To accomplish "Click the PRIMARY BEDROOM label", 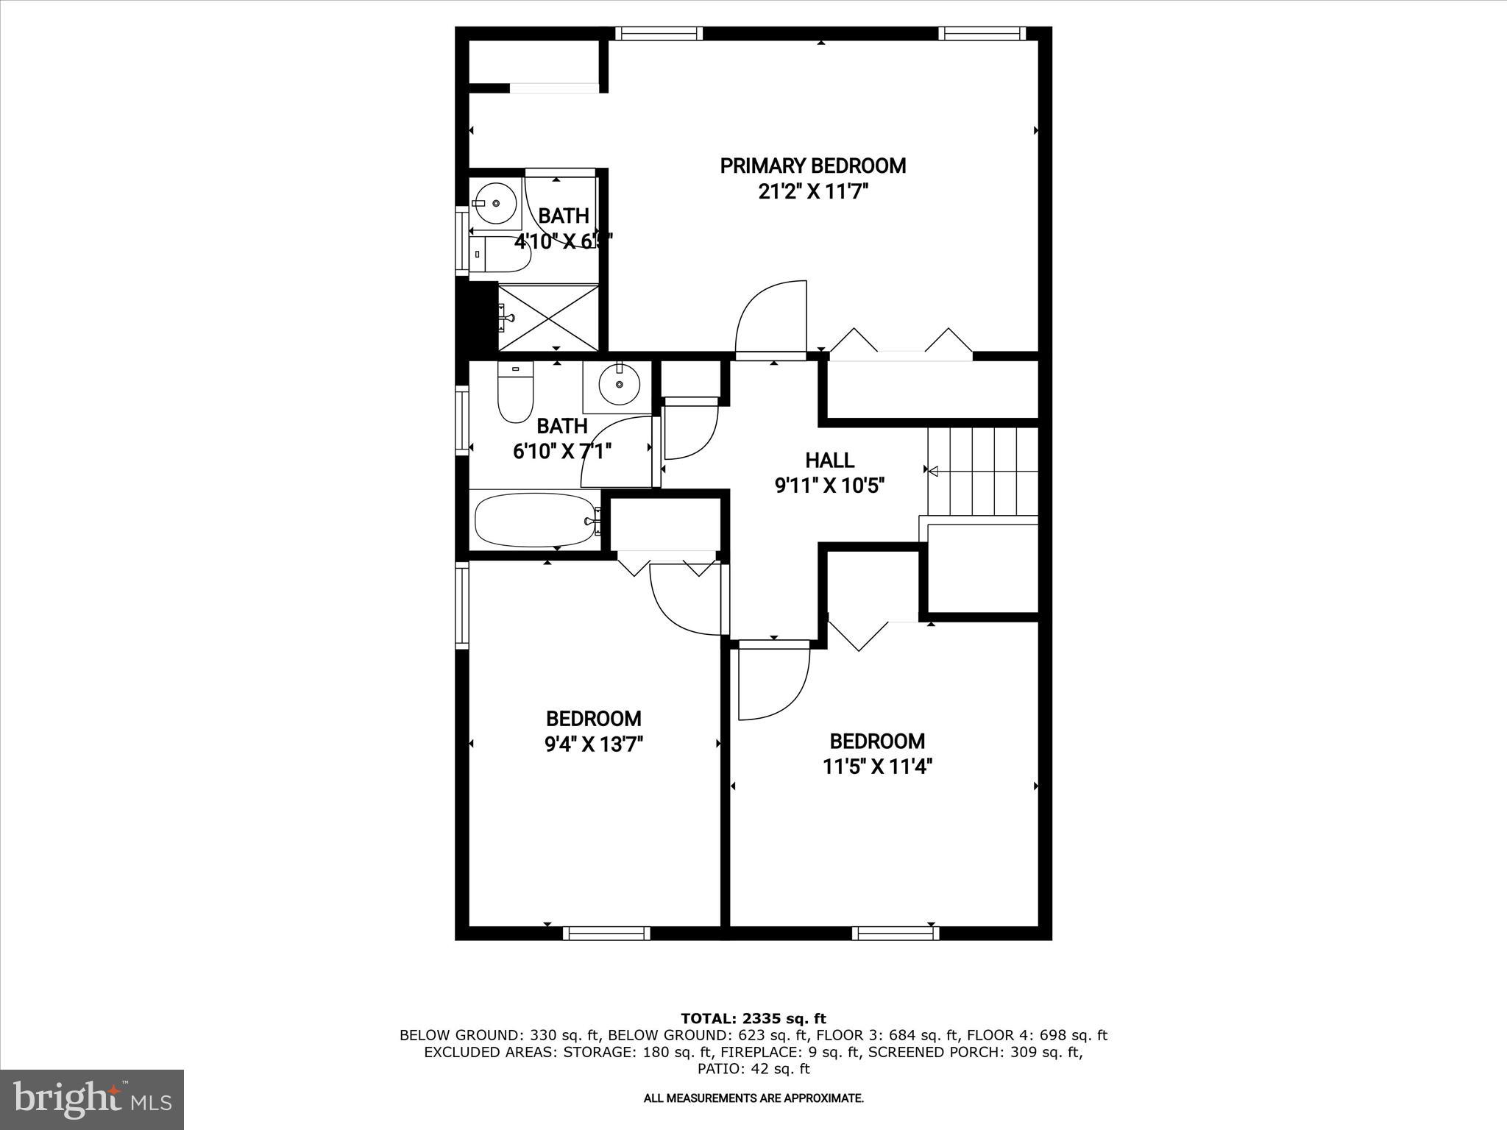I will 812,166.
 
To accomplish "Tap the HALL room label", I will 829,461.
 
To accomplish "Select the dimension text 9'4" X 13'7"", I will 593,745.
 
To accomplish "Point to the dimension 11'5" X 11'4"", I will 877,767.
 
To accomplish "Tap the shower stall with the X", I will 548,318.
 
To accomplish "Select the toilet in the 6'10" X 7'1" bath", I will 515,394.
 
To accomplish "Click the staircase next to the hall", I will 982,471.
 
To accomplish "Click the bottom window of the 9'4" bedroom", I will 606,933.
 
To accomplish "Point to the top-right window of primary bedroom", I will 982,33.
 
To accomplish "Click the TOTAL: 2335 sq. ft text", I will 753,1019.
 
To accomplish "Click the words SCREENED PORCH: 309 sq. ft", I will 974,1052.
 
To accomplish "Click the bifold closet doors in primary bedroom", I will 901,344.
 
